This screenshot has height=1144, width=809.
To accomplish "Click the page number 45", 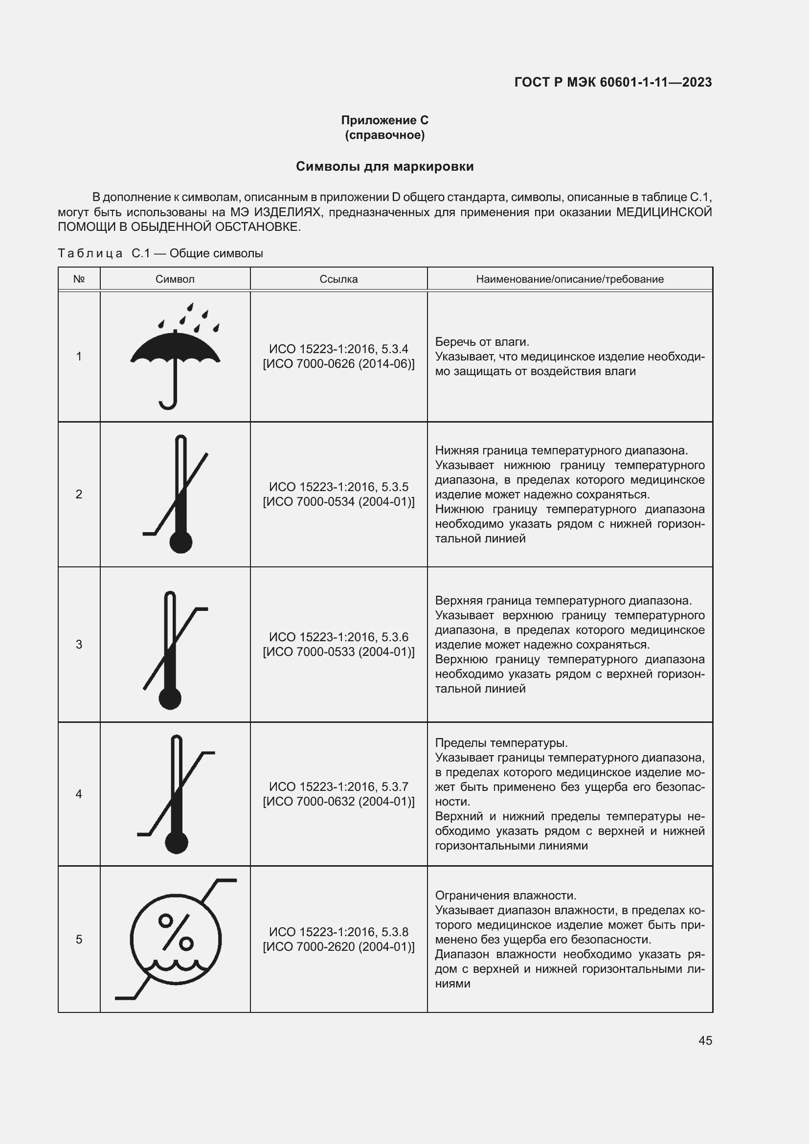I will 705,1040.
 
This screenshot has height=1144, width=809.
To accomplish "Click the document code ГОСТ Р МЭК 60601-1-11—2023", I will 613,82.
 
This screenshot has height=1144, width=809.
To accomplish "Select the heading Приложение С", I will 384,120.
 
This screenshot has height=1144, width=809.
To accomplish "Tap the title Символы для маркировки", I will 384,166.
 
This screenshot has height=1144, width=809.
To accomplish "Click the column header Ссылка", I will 338,279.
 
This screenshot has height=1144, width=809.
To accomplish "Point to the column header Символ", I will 175,279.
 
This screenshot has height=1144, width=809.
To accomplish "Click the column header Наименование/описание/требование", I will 569,279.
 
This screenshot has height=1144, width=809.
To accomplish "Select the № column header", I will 79,279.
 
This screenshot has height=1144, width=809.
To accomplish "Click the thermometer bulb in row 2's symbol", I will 180,542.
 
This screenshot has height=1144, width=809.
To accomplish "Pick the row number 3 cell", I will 79,644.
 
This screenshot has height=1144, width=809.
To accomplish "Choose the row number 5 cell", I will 79,939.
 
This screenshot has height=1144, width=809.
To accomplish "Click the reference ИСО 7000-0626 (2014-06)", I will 339,364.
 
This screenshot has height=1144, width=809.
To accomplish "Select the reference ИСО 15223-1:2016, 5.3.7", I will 338,787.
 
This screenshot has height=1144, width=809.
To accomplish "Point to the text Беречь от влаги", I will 482,342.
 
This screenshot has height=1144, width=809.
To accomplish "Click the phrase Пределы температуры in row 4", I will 501,743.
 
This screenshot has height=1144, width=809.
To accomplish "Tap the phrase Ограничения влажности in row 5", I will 505,896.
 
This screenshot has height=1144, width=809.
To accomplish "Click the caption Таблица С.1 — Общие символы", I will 160,253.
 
